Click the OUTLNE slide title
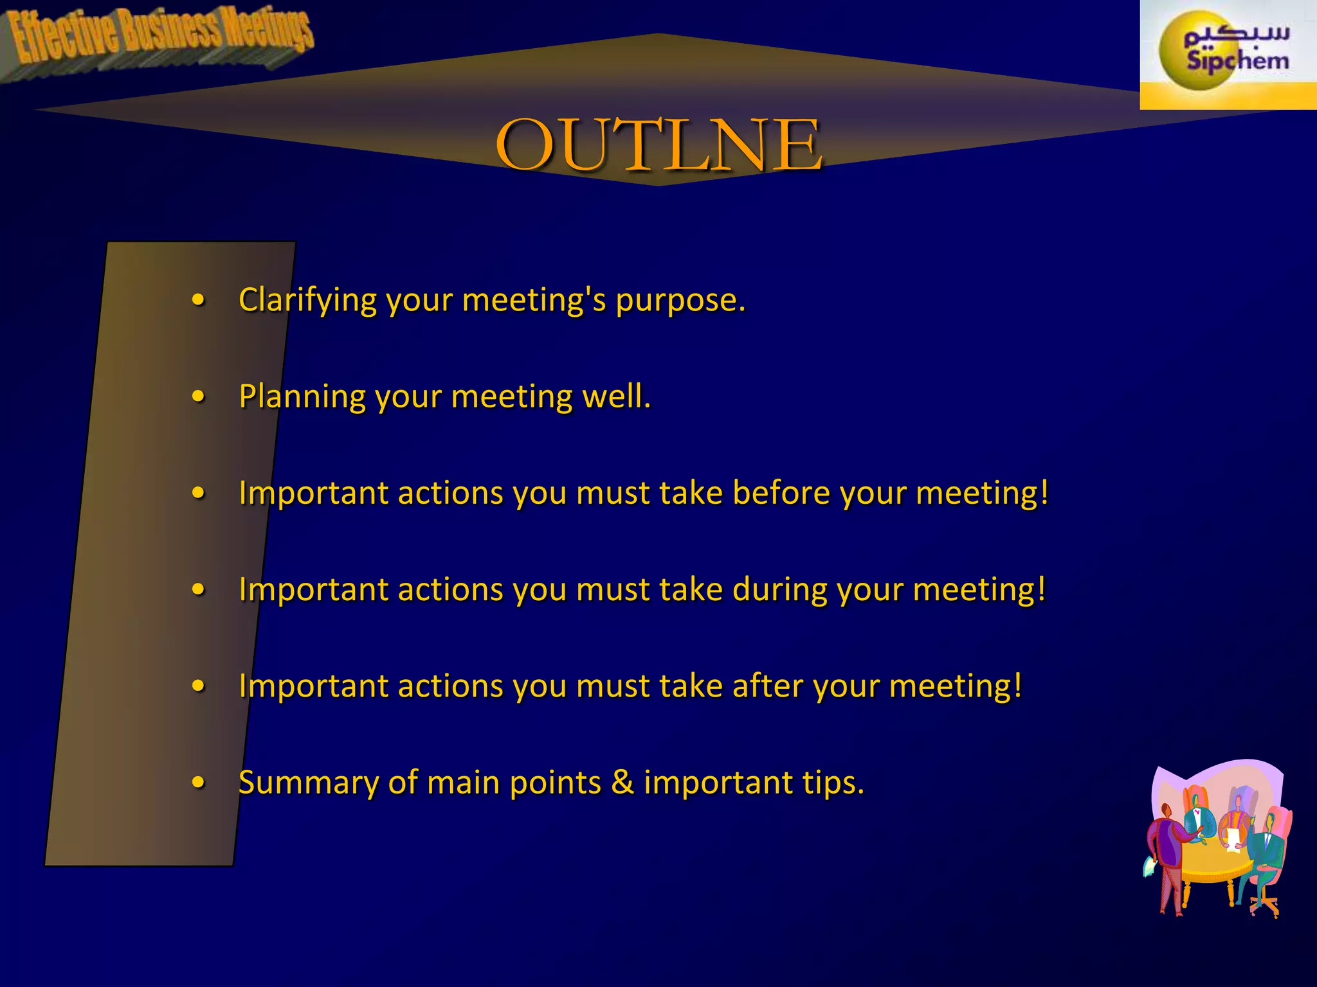coord(658,145)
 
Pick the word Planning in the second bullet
coord(302,397)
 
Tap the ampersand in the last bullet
coord(622,783)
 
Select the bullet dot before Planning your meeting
coord(199,396)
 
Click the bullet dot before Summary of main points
coord(199,783)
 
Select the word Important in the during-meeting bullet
coord(313,589)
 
